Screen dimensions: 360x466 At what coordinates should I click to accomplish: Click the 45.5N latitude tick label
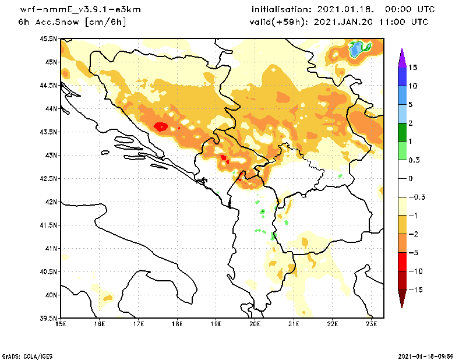49,39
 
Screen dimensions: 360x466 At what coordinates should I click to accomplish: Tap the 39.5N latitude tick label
49,319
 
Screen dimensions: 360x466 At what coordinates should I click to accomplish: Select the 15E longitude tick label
60,324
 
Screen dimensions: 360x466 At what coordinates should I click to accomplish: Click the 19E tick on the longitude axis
216,324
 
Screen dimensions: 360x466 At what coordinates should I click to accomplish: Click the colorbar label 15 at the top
412,68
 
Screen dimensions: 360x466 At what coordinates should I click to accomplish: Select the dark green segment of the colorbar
401,132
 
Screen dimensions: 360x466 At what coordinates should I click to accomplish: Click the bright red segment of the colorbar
401,262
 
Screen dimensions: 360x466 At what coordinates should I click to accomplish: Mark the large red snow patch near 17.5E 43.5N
161,126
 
